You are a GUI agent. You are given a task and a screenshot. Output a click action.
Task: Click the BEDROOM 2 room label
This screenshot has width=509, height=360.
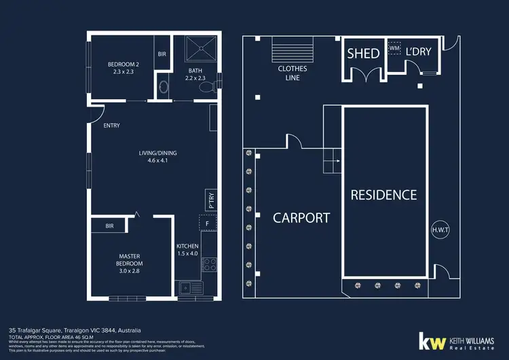tap(122, 69)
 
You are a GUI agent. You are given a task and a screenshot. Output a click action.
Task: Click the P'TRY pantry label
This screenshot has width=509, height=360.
tap(210, 199)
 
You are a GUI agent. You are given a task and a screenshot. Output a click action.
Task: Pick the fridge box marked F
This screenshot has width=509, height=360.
tap(208, 223)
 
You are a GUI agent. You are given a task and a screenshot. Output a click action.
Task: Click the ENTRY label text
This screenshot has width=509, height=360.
tap(111, 126)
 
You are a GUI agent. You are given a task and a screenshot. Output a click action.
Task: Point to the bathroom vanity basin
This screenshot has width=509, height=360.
tap(162, 88)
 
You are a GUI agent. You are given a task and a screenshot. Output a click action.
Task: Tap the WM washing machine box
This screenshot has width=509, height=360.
tap(394, 48)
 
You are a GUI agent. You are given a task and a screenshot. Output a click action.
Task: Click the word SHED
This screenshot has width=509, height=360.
tap(363, 53)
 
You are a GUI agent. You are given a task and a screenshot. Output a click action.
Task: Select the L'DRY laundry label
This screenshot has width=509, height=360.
tap(419, 53)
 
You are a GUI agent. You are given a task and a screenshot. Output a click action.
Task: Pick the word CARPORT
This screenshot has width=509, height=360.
tap(301, 217)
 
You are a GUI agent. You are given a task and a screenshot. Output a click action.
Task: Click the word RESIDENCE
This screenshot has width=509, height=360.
tap(383, 195)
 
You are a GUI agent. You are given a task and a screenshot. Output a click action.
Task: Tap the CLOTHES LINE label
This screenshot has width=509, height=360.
tap(293, 73)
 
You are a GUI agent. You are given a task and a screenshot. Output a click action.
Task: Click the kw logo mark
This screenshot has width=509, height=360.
tap(430, 342)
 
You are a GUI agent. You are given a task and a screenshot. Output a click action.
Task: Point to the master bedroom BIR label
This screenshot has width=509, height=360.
tap(109, 226)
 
